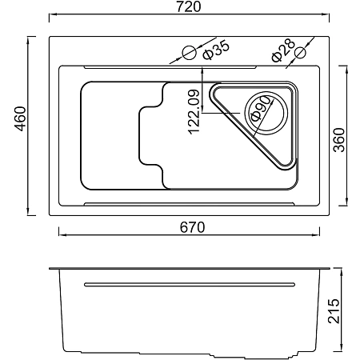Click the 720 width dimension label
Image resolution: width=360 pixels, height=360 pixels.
pyautogui.click(x=189, y=6)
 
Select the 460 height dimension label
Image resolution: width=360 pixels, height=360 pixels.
pyautogui.click(x=20, y=119)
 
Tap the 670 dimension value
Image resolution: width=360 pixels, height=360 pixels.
pyautogui.click(x=192, y=227)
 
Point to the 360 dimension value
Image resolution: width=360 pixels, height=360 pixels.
pyautogui.click(x=339, y=140)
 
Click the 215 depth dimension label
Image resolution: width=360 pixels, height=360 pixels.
pyautogui.click(x=334, y=311)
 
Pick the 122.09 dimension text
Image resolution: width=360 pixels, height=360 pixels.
pyautogui.click(x=194, y=112)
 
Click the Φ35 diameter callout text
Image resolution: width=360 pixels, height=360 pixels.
pyautogui.click(x=216, y=50)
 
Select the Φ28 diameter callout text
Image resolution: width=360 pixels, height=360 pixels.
pyautogui.click(x=283, y=50)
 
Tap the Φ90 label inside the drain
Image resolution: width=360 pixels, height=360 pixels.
pyautogui.click(x=260, y=109)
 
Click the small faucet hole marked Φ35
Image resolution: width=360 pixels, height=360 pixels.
pyautogui.click(x=190, y=53)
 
